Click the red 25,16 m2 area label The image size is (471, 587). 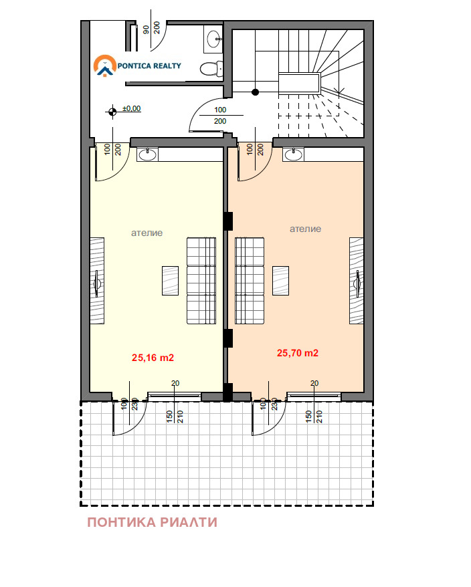coord(153,358)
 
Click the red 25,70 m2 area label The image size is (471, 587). coord(298,353)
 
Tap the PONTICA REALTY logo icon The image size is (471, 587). coord(105,66)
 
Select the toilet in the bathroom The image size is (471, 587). coord(211,69)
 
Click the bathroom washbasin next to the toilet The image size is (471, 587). coord(214,39)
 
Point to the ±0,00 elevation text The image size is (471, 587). coord(132,109)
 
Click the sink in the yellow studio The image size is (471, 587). coord(147,154)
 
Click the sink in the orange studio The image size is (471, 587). coord(294,154)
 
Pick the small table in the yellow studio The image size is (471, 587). coord(170,281)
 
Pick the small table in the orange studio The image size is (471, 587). coord(280,281)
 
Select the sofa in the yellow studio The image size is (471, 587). coord(201,281)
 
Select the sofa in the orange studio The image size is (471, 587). coord(250,281)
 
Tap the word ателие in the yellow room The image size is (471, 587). coord(147,233)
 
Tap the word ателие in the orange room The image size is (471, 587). coord(305,229)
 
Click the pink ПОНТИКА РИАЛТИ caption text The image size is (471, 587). coord(152,522)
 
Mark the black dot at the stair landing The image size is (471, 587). coord(255,92)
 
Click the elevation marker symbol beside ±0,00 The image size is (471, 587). coord(112,112)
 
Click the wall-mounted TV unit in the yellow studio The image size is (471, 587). coord(97,281)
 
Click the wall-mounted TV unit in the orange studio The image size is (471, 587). coord(357,281)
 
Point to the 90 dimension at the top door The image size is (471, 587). coord(146,29)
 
